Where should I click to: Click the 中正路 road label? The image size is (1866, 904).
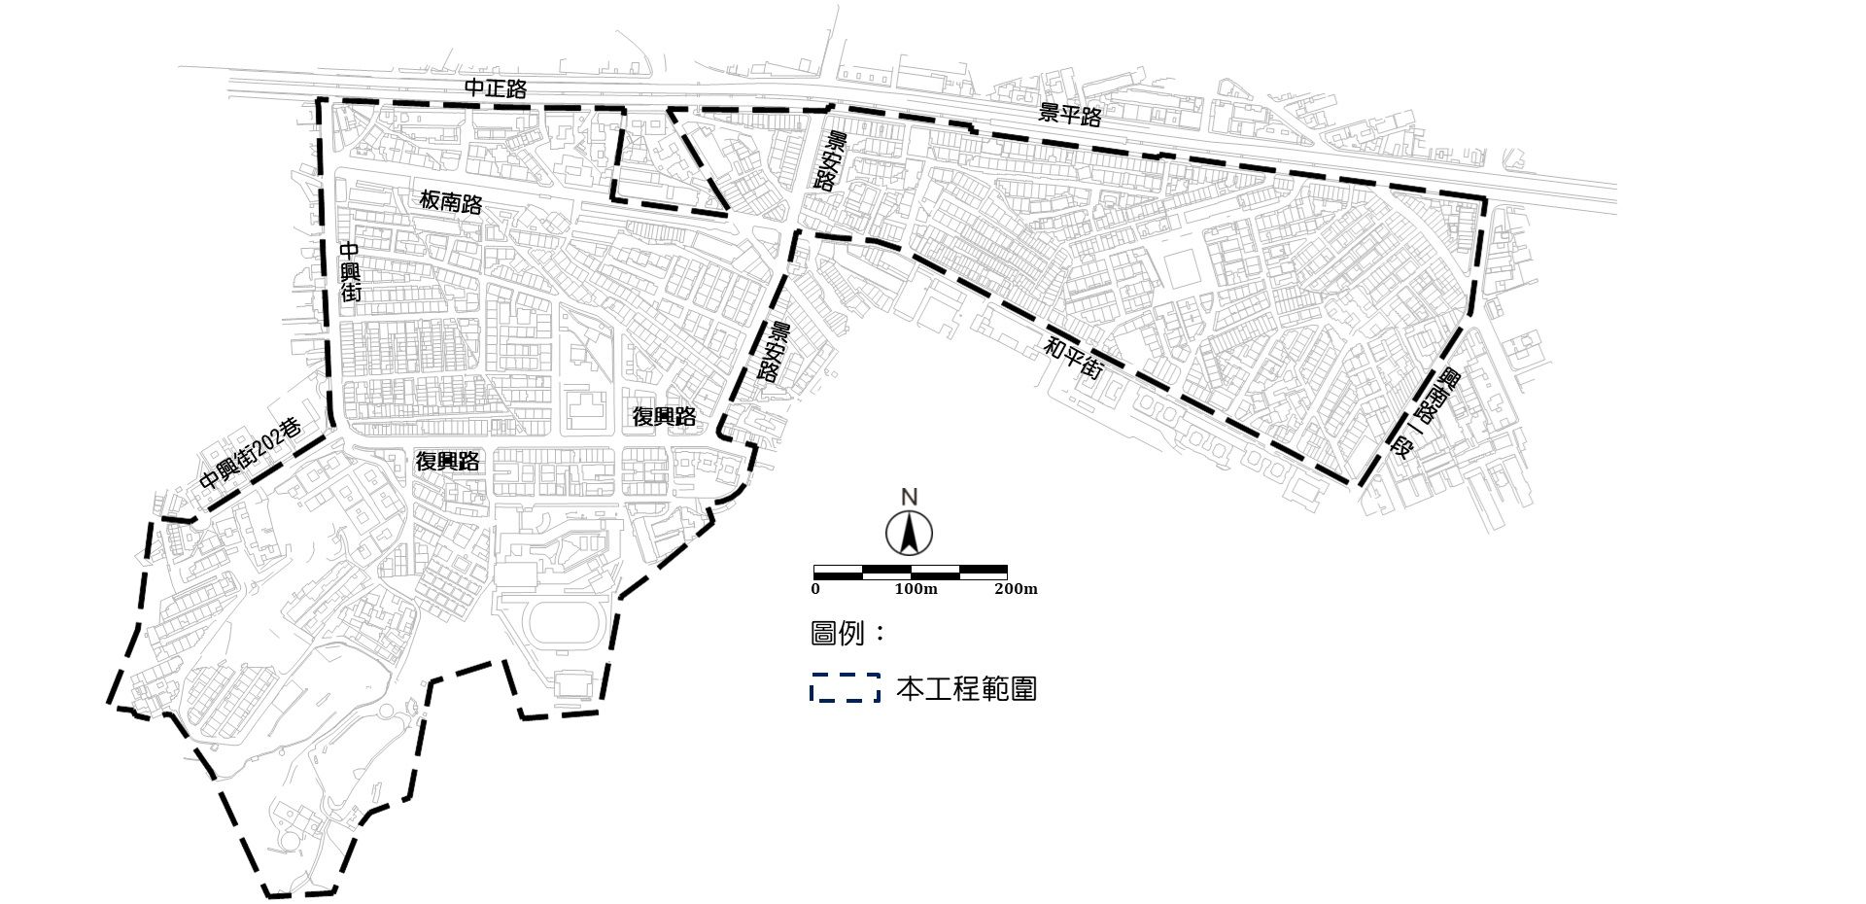pos(496,88)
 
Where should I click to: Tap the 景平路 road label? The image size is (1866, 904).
pos(1070,115)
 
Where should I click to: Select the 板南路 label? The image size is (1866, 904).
pos(451,202)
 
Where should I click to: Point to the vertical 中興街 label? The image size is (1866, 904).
pos(350,272)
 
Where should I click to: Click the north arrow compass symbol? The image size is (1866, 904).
pos(909,533)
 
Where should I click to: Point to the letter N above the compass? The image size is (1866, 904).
pos(909,498)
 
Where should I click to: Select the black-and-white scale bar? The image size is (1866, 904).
pos(910,572)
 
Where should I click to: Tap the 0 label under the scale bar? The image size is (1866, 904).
pos(815,589)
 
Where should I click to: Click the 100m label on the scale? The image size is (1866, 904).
pos(916,589)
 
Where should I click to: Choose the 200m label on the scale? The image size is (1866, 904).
pos(1016,589)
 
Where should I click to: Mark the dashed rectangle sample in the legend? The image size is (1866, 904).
pos(846,688)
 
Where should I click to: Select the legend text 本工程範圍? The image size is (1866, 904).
pos(966,689)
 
